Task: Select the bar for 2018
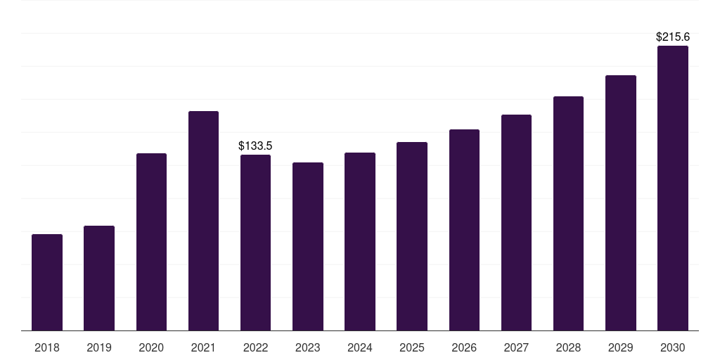(47, 283)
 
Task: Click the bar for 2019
(99, 278)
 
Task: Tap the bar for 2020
(152, 242)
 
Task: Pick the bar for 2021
(203, 221)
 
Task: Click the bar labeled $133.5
(255, 243)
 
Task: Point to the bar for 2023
(308, 247)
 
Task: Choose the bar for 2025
(412, 236)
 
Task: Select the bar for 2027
(516, 223)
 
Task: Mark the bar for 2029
(621, 203)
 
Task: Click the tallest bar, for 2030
(673, 188)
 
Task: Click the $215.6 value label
(673, 37)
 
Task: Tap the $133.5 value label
(255, 146)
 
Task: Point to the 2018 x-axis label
(47, 347)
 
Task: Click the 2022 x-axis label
(255, 347)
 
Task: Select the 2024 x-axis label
(360, 347)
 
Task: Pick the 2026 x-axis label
(464, 347)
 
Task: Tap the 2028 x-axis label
(568, 347)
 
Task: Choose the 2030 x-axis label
(673, 347)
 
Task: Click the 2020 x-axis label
(151, 347)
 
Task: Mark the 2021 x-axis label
(203, 347)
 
